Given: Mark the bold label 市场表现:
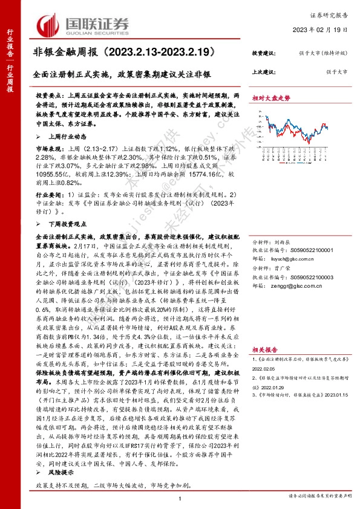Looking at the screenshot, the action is [x=49, y=147].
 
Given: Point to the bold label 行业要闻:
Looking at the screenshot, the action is [x=49, y=196].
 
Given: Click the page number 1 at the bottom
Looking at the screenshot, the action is [x=180, y=498].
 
